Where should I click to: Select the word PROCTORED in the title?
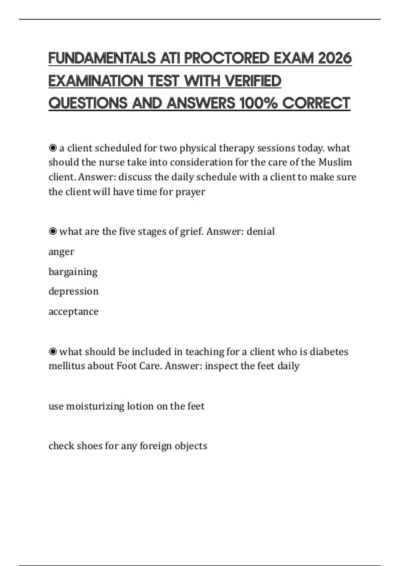point(226,58)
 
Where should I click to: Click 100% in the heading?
point(258,103)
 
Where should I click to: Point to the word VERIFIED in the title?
point(253,81)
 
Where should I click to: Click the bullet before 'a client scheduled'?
point(53,148)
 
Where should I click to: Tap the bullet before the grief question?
point(53,231)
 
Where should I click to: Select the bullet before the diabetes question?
point(53,352)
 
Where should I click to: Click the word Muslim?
point(335,162)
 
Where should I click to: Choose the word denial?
point(260,231)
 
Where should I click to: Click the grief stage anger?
point(61,252)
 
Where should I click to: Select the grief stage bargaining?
point(73,272)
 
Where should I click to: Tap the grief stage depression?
point(73,292)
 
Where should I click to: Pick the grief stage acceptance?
point(73,312)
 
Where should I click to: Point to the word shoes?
point(89,446)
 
